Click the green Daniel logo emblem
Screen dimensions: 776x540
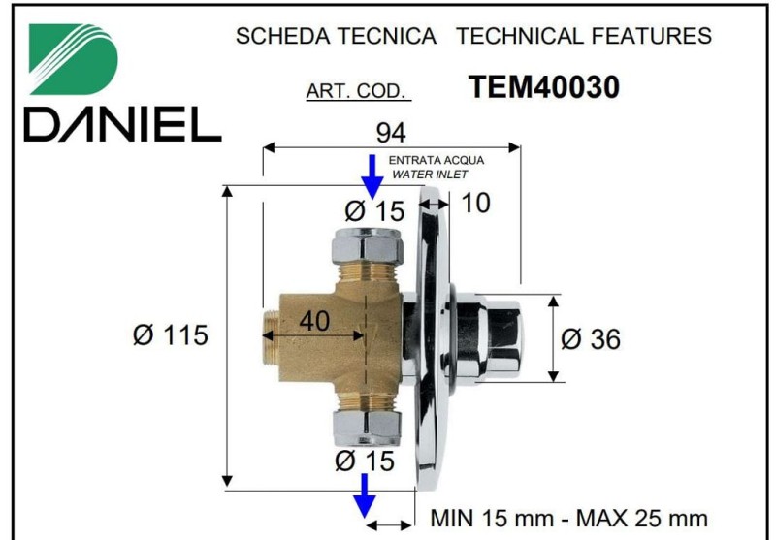pyautogui.click(x=74, y=59)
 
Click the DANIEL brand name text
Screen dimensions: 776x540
pyautogui.click(x=123, y=124)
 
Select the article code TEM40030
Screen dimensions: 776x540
pyautogui.click(x=543, y=87)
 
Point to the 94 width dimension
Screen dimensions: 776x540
pyautogui.click(x=391, y=133)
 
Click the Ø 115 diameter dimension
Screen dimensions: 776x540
pyautogui.click(x=171, y=334)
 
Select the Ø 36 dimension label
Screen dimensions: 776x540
pyautogui.click(x=591, y=339)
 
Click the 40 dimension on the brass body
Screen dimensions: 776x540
pyautogui.click(x=314, y=320)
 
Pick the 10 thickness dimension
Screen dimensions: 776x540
pyautogui.click(x=475, y=203)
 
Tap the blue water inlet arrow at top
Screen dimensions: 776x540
pyautogui.click(x=372, y=177)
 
